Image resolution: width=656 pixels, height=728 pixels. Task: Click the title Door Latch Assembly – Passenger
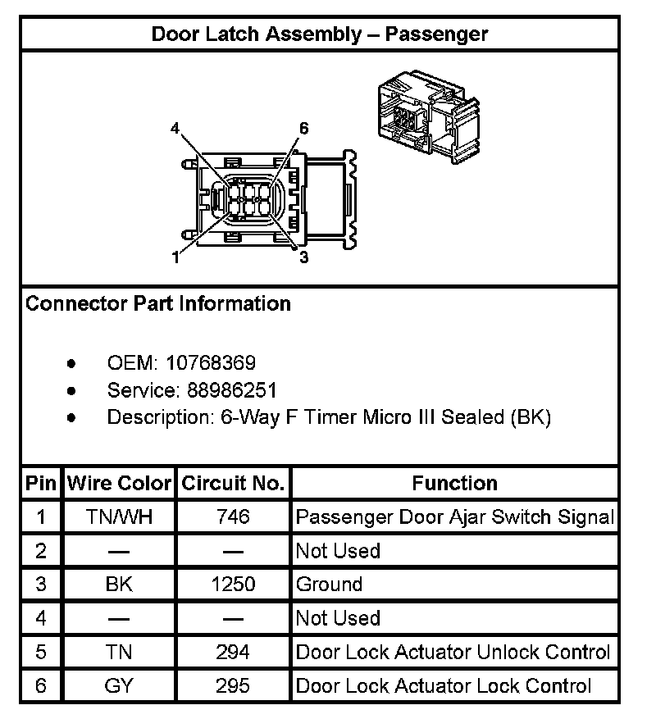point(320,34)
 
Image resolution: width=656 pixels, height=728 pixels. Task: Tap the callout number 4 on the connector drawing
point(175,129)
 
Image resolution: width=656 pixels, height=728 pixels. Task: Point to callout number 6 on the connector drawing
point(303,129)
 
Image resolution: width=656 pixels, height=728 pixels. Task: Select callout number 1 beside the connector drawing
point(175,257)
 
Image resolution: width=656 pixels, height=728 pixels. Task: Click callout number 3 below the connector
point(303,257)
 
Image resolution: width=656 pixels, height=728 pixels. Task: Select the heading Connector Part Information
point(158,303)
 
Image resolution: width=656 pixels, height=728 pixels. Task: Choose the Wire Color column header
point(119,483)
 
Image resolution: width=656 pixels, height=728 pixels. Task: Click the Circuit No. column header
point(233,483)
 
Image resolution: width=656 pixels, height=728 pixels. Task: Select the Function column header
point(454,483)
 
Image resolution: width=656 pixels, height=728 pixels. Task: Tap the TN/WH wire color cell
point(119,517)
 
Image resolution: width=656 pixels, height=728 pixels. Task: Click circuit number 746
point(233,517)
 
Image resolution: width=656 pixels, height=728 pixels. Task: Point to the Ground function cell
point(329,585)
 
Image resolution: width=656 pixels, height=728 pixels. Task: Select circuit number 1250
point(233,585)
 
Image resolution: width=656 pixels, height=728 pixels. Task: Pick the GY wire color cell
point(119,685)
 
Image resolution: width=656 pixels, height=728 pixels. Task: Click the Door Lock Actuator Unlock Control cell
point(453,652)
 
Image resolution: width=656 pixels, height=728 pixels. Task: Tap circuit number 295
point(233,685)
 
